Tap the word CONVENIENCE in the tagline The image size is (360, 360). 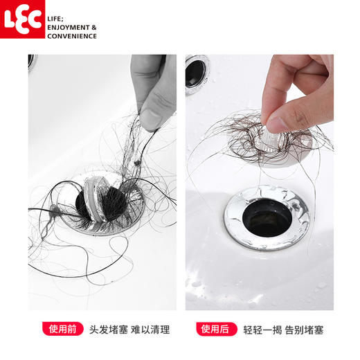[72, 36]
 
